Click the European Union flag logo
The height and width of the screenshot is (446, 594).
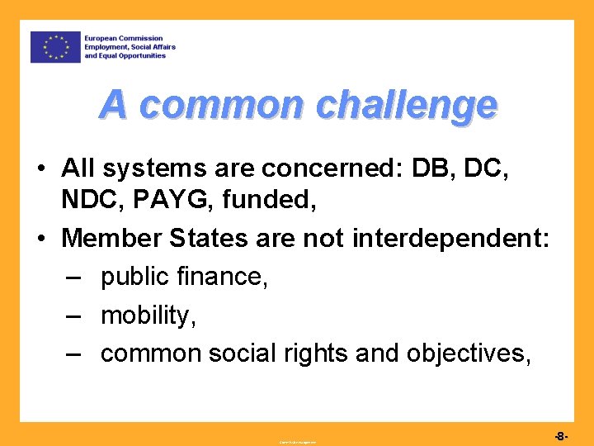click(56, 47)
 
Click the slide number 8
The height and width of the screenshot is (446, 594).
click(559, 435)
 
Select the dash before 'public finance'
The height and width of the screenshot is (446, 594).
click(73, 278)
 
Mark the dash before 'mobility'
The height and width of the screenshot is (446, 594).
click(73, 316)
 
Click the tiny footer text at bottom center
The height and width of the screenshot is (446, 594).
click(297, 442)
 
